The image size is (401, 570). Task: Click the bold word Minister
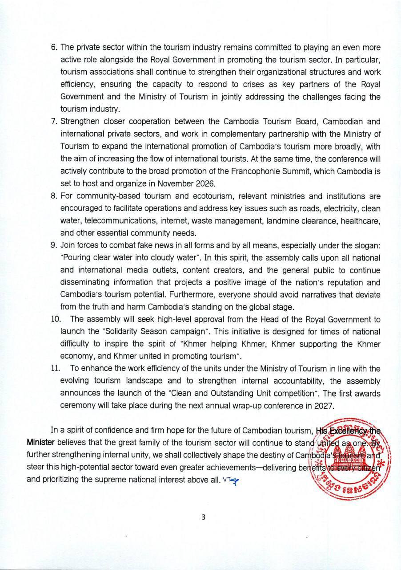39,443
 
